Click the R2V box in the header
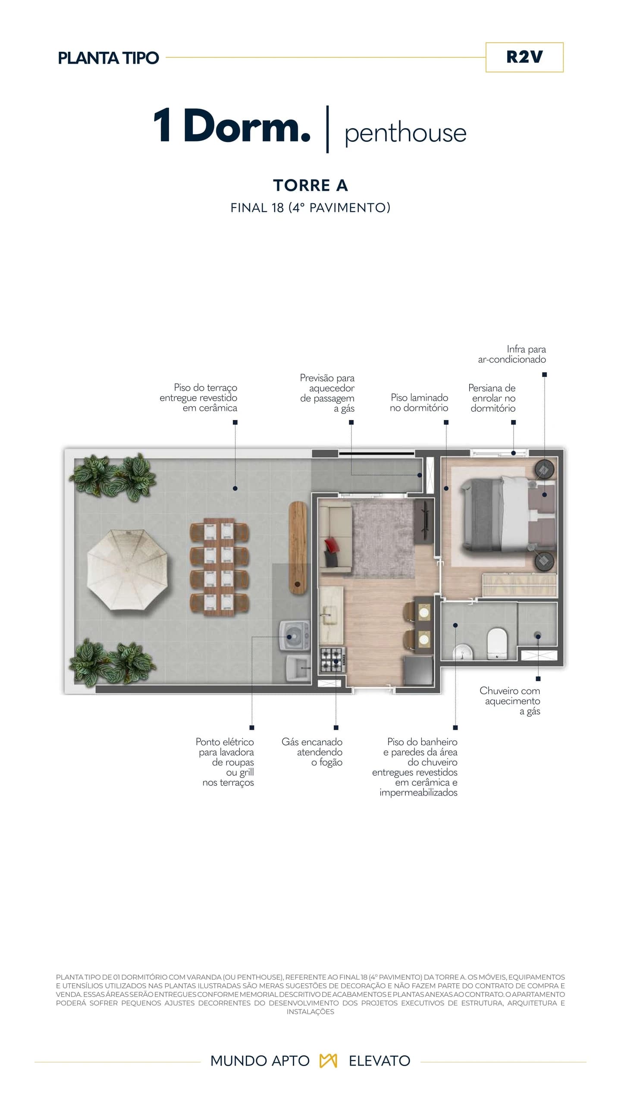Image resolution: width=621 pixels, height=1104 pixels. click(x=524, y=57)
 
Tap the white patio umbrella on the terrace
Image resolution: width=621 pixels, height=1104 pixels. click(x=127, y=570)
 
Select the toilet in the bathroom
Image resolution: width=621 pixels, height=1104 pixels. click(x=497, y=643)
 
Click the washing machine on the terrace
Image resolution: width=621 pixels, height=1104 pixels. click(x=294, y=636)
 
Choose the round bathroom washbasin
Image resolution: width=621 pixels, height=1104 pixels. click(x=463, y=652)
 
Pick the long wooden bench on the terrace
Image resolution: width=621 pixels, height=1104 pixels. click(x=298, y=548)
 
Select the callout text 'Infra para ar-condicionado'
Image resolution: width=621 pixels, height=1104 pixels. click(x=512, y=354)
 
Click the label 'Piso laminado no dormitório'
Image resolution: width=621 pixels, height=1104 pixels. click(x=419, y=402)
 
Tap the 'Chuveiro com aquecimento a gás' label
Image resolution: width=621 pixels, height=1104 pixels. click(x=510, y=701)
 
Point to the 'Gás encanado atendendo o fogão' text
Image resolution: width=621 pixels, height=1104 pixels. click(x=312, y=752)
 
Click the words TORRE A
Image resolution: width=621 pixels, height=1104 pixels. click(x=310, y=185)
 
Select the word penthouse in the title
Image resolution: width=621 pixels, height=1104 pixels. click(x=405, y=133)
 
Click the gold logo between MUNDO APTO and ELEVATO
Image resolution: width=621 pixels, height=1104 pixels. click(x=328, y=1061)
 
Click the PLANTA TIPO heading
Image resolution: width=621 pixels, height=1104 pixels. click(x=108, y=58)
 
